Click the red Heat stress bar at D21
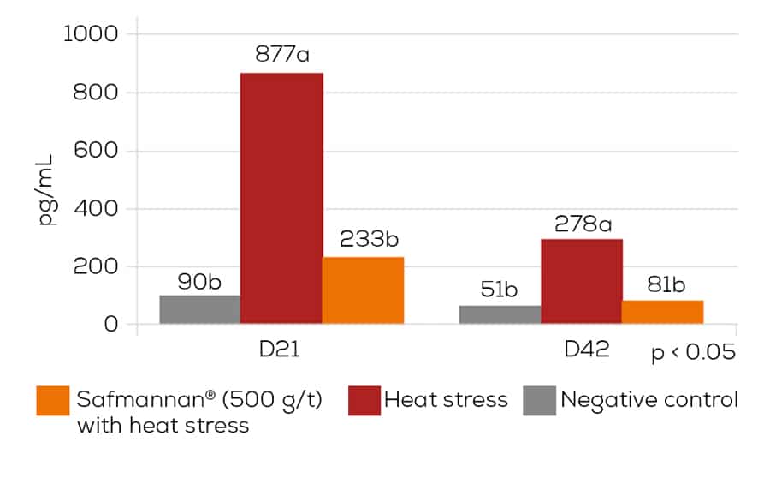point(281,199)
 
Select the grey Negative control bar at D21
point(199,309)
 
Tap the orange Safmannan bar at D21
point(364,290)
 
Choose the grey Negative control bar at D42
point(500,314)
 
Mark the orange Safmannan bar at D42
point(662,312)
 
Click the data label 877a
point(281,55)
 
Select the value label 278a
point(582,224)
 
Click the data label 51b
point(499,290)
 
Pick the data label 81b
point(662,284)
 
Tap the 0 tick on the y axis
point(111,325)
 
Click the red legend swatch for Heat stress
point(364,400)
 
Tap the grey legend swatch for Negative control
point(539,400)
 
